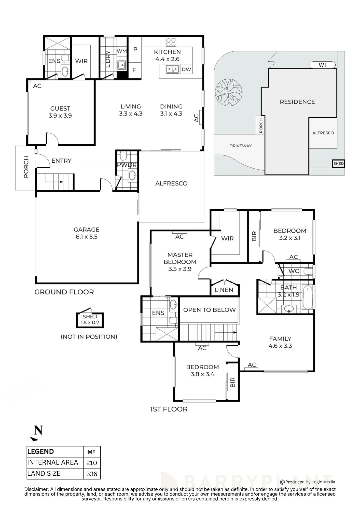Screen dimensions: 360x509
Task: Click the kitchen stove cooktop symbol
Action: [x=171, y=42]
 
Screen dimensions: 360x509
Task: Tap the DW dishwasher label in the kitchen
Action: [x=186, y=69]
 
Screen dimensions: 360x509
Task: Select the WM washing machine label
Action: [x=122, y=51]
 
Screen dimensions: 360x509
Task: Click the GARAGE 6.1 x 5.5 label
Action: [x=87, y=233]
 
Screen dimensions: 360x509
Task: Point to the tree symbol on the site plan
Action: [x=228, y=92]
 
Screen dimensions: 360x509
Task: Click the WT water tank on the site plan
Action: [x=323, y=65]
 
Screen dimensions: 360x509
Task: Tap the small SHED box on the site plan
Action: [x=338, y=164]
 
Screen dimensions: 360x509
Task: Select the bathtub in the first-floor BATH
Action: [x=308, y=297]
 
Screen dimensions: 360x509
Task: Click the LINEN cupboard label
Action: [x=224, y=290]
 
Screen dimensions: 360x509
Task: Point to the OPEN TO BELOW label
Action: [x=210, y=310]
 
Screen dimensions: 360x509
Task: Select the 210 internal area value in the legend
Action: [x=92, y=463]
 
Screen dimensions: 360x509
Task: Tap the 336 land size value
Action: [x=92, y=474]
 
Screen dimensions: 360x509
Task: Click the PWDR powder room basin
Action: [x=132, y=175]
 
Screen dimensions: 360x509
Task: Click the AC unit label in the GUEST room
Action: [x=37, y=86]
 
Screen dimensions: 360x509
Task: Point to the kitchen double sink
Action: [x=172, y=69]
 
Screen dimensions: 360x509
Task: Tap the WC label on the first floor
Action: [x=294, y=271]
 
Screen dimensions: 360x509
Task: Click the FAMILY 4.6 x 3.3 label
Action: [x=280, y=342]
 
